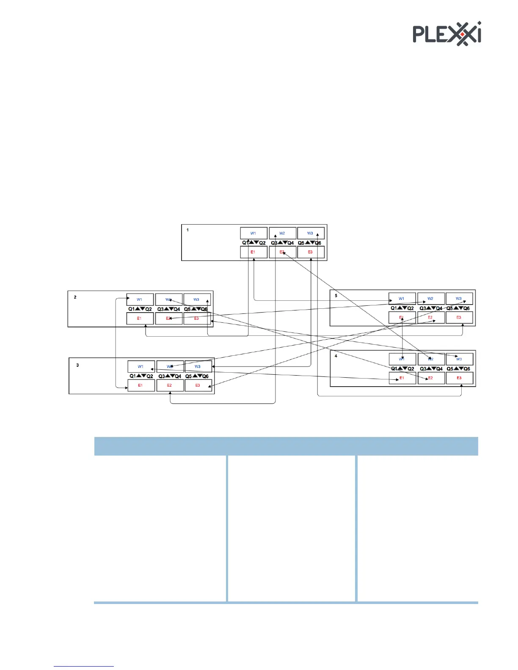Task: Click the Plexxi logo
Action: click(447, 33)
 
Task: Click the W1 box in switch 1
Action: click(253, 233)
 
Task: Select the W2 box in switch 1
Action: click(282, 233)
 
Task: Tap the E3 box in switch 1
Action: click(311, 252)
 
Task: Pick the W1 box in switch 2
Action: click(140, 299)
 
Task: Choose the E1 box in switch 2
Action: click(140, 319)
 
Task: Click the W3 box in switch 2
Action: click(197, 299)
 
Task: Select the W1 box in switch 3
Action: click(141, 366)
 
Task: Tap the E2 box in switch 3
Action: click(170, 385)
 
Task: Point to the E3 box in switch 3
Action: click(198, 385)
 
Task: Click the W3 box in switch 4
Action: click(459, 359)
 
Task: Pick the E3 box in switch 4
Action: click(459, 378)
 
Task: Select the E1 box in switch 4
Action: click(402, 378)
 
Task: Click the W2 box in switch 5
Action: click(431, 299)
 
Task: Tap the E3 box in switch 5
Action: click(459, 317)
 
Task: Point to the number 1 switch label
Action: click(188, 230)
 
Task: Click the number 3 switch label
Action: click(77, 365)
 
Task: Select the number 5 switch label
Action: click(336, 296)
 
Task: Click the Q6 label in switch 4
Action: click(467, 369)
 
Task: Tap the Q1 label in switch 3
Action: click(133, 376)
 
